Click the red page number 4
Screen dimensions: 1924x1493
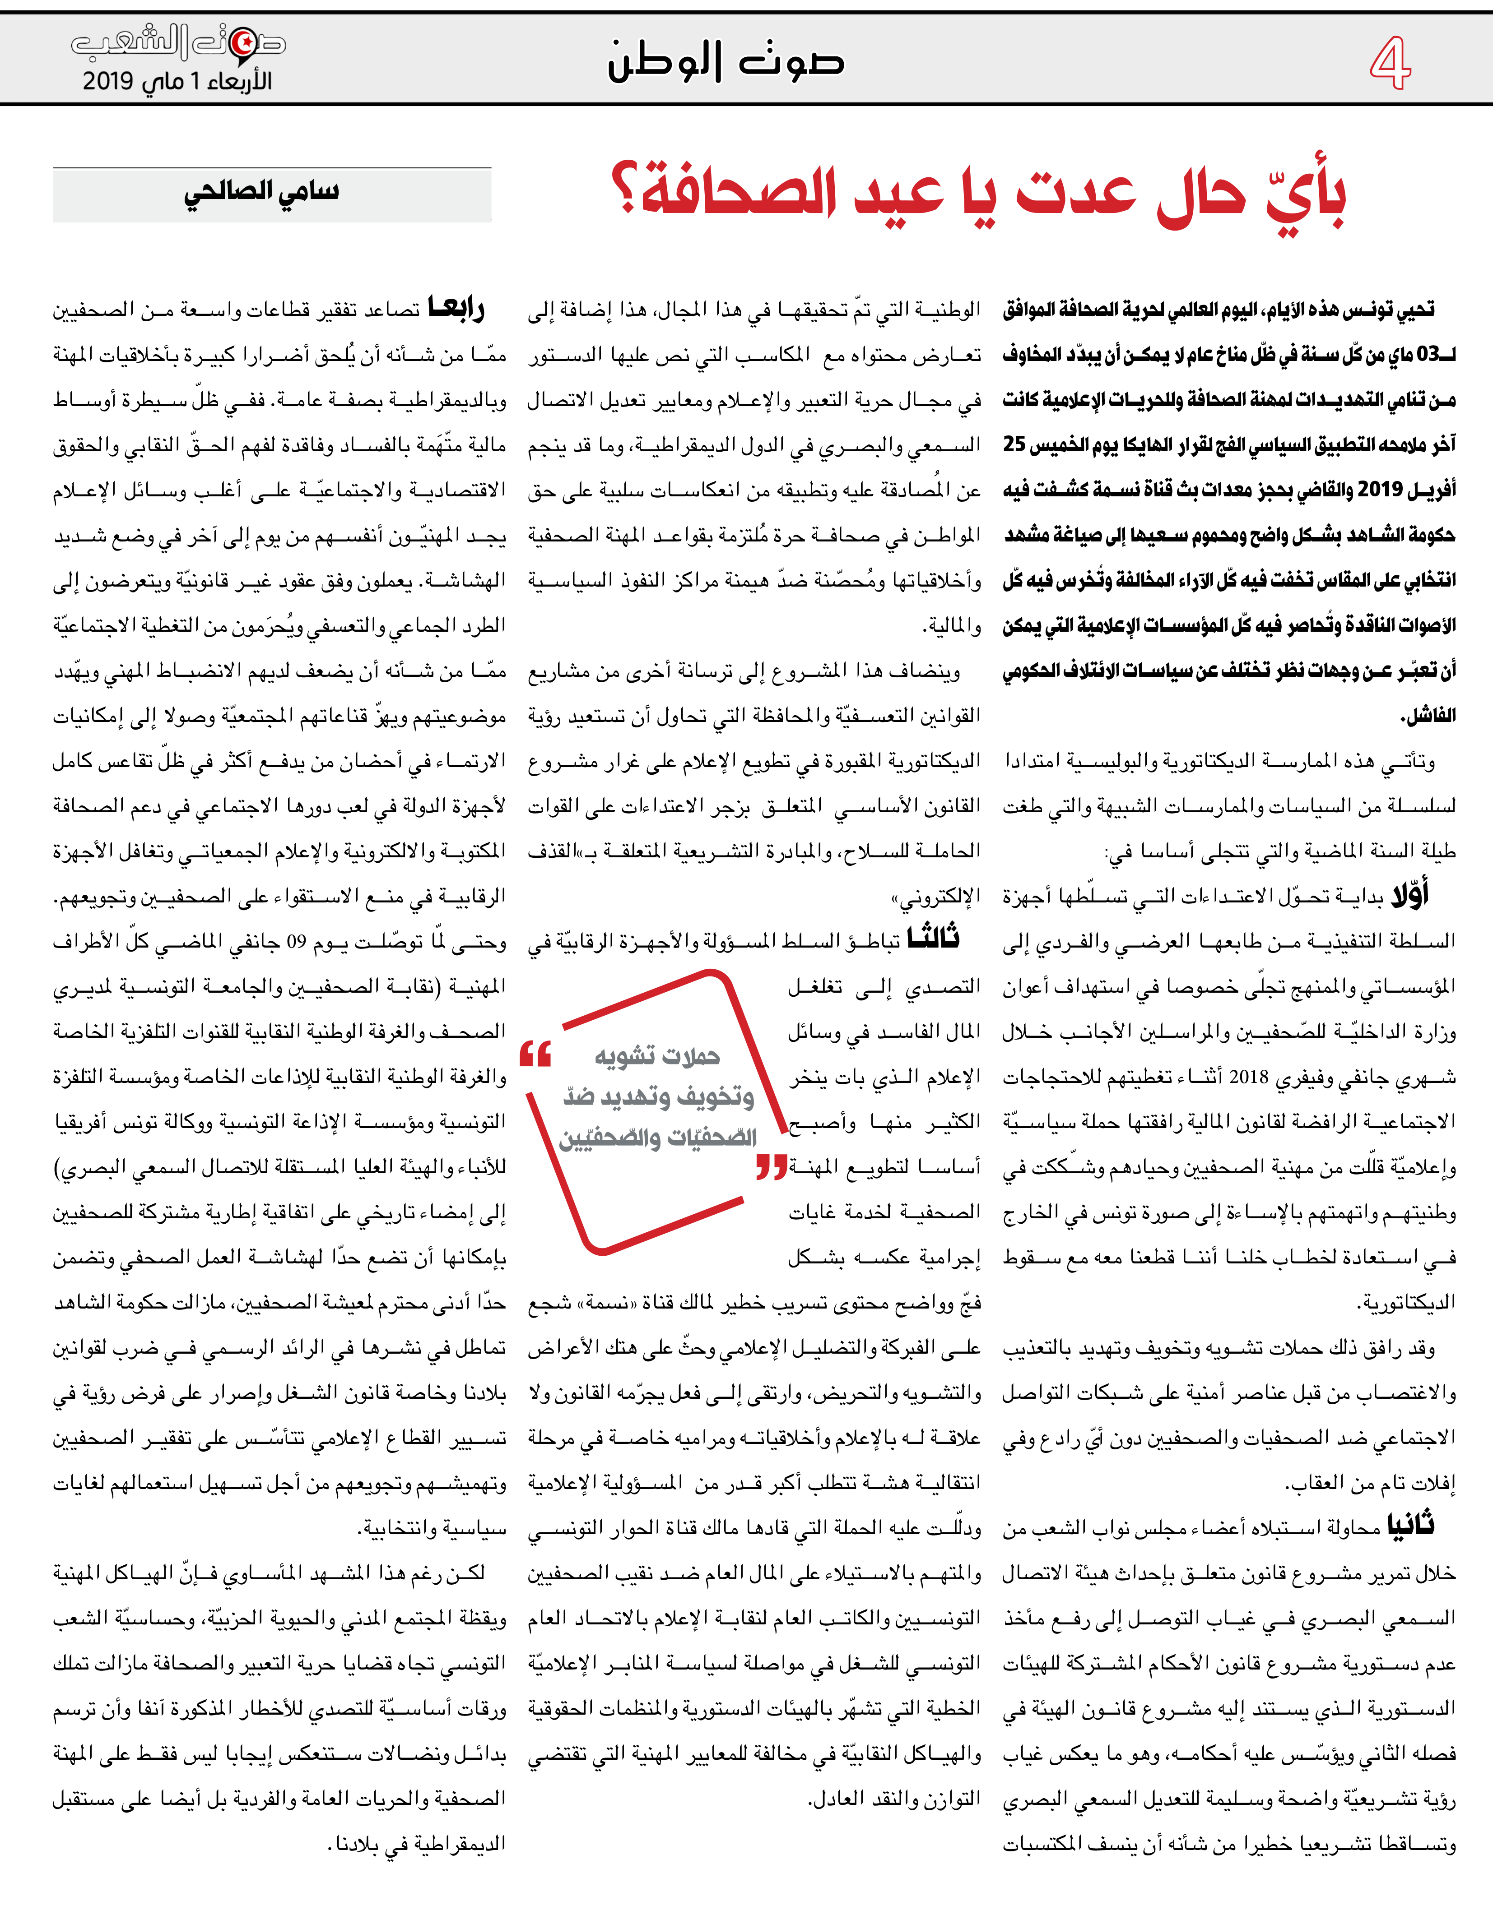(1390, 64)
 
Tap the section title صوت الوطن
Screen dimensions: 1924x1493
(726, 62)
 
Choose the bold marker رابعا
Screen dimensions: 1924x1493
(456, 308)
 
